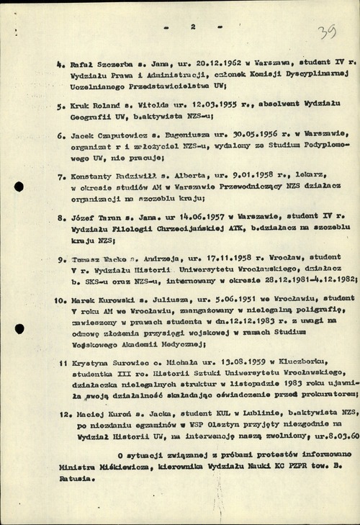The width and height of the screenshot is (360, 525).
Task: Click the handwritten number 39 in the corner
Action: tap(331, 32)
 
